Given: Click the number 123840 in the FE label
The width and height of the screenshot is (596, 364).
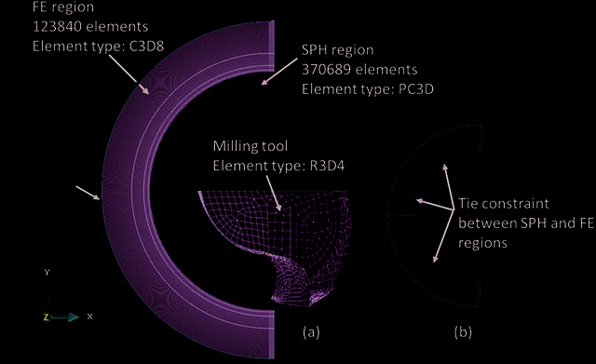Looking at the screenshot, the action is [x=57, y=27].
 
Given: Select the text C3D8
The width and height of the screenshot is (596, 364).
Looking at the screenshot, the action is [x=147, y=46].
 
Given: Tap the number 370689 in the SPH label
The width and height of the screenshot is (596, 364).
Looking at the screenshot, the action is [x=326, y=70].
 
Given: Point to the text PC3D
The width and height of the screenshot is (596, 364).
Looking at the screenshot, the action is [x=416, y=89].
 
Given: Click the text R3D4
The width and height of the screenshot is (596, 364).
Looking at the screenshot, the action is [x=326, y=166].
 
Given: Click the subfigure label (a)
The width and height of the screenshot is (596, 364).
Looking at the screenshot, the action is [x=311, y=332].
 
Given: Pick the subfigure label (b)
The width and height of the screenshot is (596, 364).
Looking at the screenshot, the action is [x=463, y=332].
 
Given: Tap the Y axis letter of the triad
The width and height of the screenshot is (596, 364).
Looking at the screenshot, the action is [x=47, y=272].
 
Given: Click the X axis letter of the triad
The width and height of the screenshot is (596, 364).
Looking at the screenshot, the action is [x=89, y=317].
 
